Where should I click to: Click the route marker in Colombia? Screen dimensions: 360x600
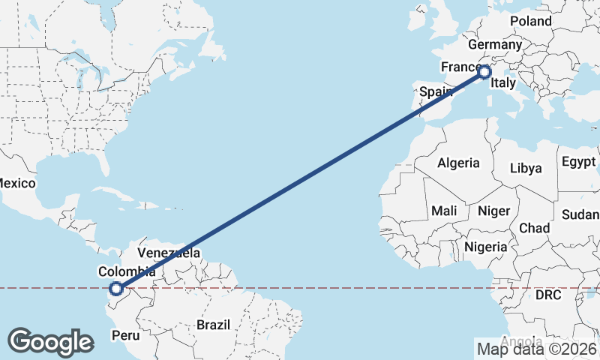point(115,288)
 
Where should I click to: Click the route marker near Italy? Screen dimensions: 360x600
point(484,72)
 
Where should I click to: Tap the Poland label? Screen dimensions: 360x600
point(530,21)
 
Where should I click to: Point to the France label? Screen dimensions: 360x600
point(460,67)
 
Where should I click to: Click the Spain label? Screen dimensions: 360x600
point(435,91)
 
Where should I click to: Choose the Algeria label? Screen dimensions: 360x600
point(458,163)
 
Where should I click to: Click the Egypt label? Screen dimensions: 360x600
point(577,162)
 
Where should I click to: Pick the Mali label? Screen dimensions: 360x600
point(444,211)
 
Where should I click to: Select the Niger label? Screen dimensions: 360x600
point(493,211)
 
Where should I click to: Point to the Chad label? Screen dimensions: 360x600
point(533,228)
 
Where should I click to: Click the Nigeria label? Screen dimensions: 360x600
point(486,247)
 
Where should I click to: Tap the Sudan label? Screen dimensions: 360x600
point(580,214)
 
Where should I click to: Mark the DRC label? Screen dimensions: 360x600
point(548,295)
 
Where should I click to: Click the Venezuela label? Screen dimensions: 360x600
point(169,253)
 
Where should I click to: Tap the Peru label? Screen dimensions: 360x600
point(125,335)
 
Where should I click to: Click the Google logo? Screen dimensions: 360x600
point(50,342)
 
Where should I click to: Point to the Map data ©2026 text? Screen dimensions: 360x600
point(536,348)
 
